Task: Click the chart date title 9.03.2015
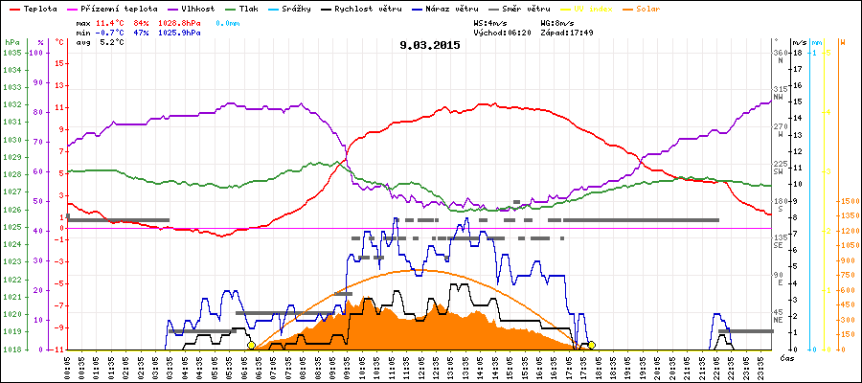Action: click(x=431, y=45)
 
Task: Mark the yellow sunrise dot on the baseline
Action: click(x=251, y=345)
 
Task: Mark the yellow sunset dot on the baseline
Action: click(x=592, y=345)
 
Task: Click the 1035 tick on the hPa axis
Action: click(x=11, y=53)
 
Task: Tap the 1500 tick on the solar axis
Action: click(x=849, y=201)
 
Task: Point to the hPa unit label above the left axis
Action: click(x=11, y=42)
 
